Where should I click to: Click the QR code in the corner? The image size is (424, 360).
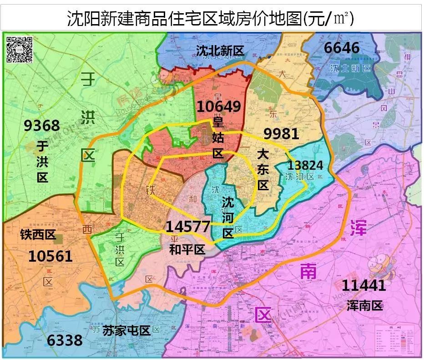(x=20, y=49)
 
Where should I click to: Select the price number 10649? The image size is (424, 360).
(x=218, y=106)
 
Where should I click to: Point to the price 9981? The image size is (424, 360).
(x=281, y=133)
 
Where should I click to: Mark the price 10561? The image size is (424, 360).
(x=50, y=256)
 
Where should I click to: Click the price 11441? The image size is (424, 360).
(x=363, y=285)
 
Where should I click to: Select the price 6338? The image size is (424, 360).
(x=65, y=340)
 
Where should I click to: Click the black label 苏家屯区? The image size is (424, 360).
(x=126, y=330)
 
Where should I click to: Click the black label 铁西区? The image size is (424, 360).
(x=38, y=235)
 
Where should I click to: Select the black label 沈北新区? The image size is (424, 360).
(x=220, y=51)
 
